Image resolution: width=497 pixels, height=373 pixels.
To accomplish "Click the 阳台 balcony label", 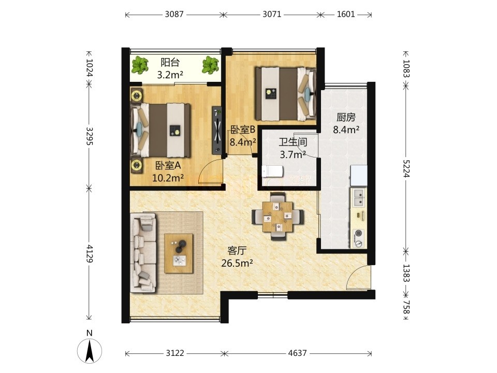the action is tap(170, 62).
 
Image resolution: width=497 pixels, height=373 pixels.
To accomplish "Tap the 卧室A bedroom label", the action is tap(168, 165).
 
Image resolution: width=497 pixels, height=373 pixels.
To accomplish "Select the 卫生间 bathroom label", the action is tap(293, 142).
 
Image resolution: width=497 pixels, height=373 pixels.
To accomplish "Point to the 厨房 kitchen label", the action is tap(346, 118).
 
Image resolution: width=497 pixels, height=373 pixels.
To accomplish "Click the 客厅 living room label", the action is tap(237, 251).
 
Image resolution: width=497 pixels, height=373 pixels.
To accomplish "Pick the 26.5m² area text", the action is tap(237, 263).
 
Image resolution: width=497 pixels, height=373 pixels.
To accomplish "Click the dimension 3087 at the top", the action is tap(174, 15).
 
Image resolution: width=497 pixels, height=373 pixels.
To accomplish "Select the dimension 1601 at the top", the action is tap(345, 15).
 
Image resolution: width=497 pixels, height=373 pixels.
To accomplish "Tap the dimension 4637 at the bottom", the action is tap(297, 353).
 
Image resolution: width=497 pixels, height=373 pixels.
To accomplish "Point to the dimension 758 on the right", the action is tap(406, 307).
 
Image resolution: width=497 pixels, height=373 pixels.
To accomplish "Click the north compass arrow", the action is tap(90, 351).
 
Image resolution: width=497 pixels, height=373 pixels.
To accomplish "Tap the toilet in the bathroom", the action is tap(272, 171).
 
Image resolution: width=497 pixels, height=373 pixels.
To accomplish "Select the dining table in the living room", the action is tap(278, 217).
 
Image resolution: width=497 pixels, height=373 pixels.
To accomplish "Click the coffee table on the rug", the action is tap(179, 253).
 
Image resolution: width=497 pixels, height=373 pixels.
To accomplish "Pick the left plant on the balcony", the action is tap(140, 65).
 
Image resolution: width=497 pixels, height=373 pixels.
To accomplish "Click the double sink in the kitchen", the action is tap(359, 197).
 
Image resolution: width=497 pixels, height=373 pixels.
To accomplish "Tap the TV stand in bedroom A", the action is tap(217, 130).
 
